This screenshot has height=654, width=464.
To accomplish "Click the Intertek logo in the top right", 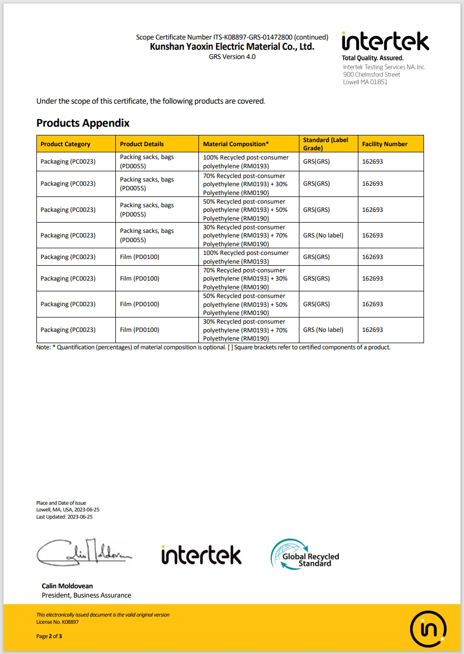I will pos(385,42).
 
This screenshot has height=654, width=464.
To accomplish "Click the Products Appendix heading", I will pos(83,123).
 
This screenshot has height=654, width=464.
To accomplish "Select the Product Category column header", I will pos(65,144).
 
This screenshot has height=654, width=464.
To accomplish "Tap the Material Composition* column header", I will pos(236,144).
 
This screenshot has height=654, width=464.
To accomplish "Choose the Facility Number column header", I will pos(385,144).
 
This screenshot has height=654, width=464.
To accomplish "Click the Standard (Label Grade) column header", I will pos(326,144).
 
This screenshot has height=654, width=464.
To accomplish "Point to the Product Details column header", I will pos(142,144).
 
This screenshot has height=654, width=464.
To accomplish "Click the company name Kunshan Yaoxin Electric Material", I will pos(232,47).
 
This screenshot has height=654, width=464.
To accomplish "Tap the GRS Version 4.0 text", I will pos(232,56).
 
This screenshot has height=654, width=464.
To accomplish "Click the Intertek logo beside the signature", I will pos(201,555).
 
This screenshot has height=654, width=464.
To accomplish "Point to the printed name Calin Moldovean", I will pos(67,586).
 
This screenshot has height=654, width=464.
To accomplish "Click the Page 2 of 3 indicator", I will pos(49,636).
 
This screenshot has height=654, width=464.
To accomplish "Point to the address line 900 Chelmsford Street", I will pos(371,74).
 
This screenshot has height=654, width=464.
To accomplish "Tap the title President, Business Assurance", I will pos(86,596).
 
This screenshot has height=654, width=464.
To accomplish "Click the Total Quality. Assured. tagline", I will pos(372,58).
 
